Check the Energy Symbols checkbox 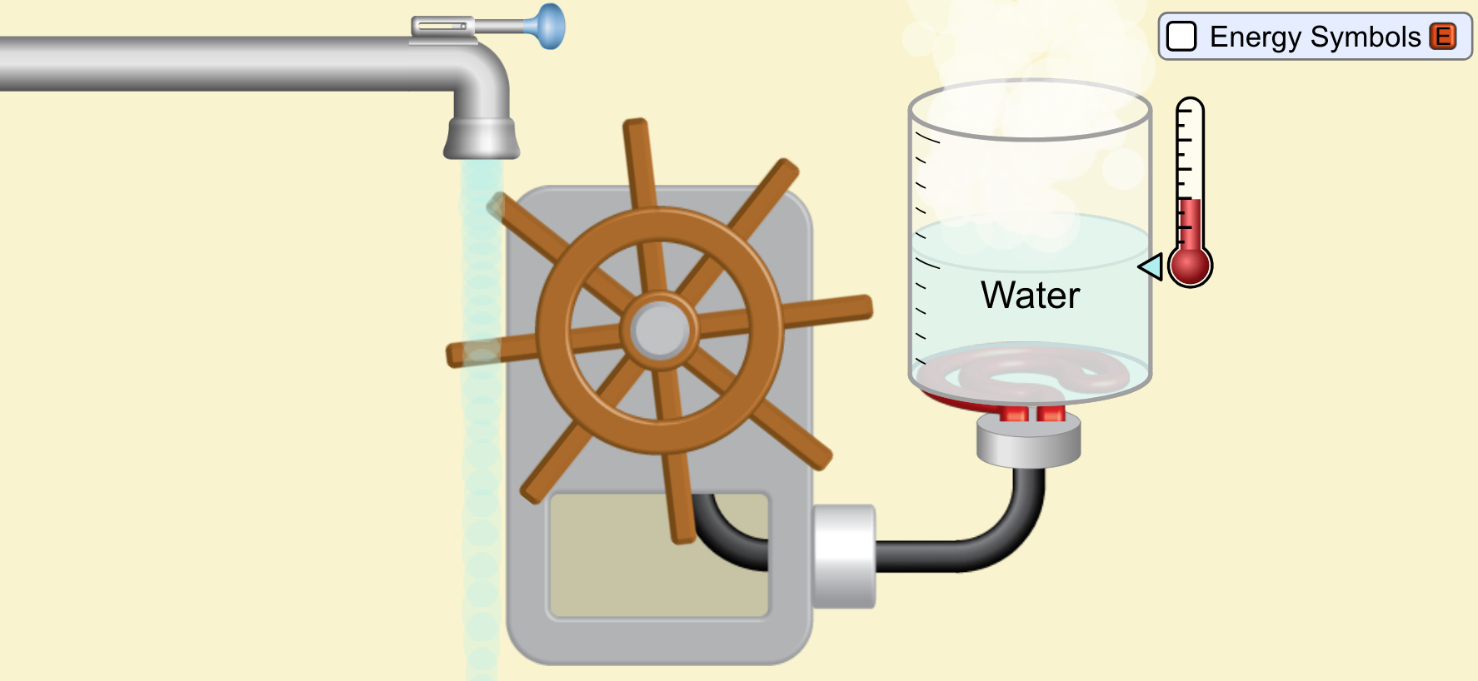[1181, 37]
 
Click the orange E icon [1443, 37]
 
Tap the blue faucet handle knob [550, 26]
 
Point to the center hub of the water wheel [660, 330]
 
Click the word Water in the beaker [1030, 296]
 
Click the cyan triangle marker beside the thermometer [1151, 267]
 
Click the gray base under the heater [1028, 442]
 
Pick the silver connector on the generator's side [844, 555]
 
